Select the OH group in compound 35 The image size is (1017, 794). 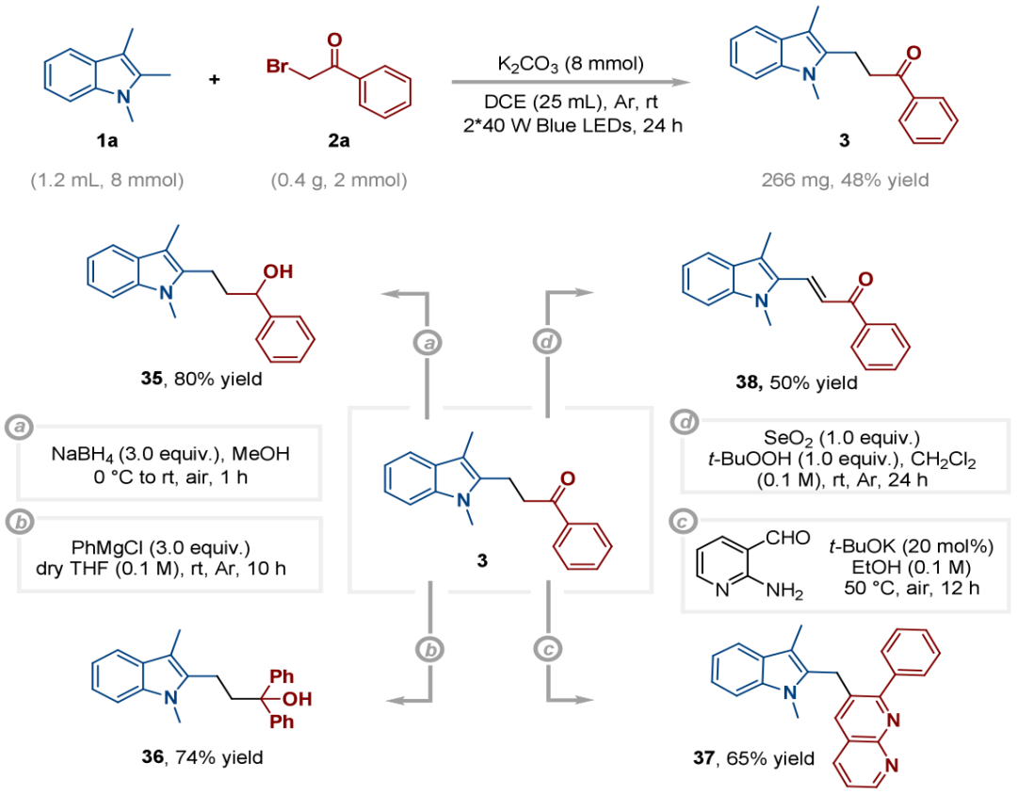pyautogui.click(x=279, y=272)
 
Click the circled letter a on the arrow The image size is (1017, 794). pyautogui.click(x=429, y=345)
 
